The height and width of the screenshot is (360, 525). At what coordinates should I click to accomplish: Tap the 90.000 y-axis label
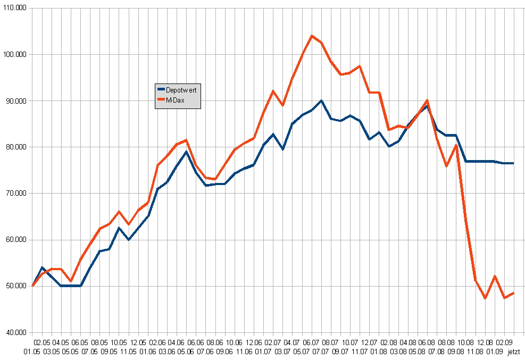16,101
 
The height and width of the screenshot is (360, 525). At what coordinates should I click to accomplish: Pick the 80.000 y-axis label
16,147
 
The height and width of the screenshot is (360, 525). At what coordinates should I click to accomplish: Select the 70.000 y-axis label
16,194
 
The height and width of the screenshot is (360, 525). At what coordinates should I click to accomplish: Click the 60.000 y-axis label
16,240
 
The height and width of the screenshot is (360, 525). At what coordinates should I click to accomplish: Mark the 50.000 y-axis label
16,286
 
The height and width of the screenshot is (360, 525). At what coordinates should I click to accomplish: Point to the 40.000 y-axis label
16,332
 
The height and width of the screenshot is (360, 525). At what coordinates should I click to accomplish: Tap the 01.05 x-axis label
32,352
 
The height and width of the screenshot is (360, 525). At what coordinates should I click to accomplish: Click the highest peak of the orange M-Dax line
312,36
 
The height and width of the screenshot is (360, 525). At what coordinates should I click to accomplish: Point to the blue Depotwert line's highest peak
321,101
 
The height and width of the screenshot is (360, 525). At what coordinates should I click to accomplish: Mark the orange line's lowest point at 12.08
485,298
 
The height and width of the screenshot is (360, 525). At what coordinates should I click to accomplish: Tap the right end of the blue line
513,163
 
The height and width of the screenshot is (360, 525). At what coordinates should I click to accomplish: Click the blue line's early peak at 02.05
42,267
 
